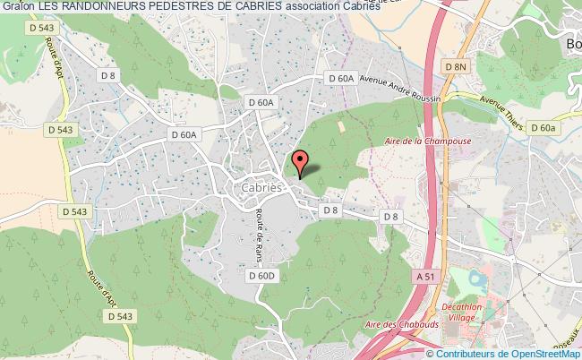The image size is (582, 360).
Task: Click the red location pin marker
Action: point(300,162)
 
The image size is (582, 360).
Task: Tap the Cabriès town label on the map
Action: point(262,188)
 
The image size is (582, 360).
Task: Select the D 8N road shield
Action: point(457,67)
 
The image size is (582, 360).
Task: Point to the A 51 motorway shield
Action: point(426,279)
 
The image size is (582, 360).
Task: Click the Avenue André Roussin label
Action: point(400,90)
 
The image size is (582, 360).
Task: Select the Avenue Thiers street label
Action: point(500,111)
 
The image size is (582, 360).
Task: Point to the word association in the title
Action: point(321,6)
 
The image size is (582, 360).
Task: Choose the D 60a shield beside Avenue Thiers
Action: point(543,129)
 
